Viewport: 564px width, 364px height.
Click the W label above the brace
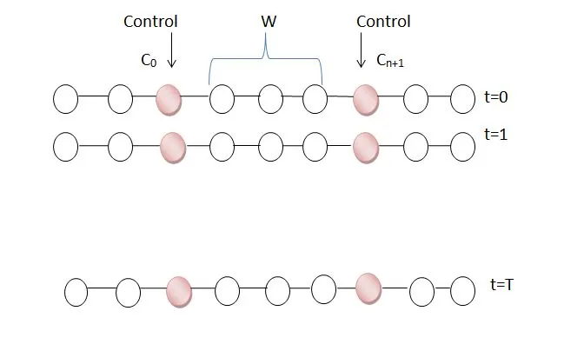click(x=269, y=23)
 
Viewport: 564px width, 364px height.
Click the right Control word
click(x=383, y=21)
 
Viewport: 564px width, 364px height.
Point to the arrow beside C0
click(x=171, y=51)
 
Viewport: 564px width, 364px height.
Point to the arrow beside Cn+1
click(x=361, y=51)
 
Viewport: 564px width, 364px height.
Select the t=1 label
click(x=498, y=136)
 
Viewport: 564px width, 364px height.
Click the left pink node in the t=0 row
click(x=169, y=100)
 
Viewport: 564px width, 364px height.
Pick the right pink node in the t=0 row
click(x=366, y=100)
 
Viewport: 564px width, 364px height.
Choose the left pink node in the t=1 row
click(x=173, y=145)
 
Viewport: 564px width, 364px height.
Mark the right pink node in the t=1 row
click(x=366, y=145)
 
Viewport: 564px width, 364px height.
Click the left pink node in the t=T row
click(x=179, y=291)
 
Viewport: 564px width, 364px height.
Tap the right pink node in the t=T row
click(x=368, y=287)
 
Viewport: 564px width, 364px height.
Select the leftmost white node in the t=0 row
click(x=65, y=100)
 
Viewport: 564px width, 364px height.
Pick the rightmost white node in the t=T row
click(x=464, y=290)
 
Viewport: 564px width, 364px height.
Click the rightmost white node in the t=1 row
click(x=462, y=147)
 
